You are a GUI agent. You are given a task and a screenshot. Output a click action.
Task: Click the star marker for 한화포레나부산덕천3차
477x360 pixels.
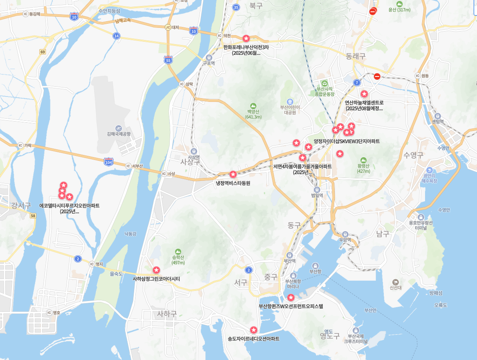pos(246,38)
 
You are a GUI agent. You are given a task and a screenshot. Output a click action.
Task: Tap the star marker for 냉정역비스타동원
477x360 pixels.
pos(233,174)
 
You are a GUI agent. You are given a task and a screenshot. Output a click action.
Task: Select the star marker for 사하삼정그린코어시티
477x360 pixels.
pos(156,270)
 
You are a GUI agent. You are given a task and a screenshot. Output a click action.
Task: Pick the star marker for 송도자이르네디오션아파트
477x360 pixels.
pos(254,330)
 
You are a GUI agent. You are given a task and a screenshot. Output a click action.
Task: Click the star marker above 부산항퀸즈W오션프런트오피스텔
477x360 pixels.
pos(290,297)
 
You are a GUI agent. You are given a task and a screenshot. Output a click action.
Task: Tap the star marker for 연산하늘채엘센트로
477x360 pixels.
pos(364,94)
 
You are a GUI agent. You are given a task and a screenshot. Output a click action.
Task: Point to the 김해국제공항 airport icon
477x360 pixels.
pos(119,128)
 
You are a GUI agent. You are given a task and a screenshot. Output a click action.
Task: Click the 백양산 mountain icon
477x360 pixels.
pos(253,106)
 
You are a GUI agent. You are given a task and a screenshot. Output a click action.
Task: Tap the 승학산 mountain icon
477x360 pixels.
pos(178,252)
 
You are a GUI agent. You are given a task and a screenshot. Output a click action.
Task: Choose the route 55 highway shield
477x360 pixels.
pos(168,60)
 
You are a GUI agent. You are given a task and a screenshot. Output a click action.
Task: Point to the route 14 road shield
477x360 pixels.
pos(117,36)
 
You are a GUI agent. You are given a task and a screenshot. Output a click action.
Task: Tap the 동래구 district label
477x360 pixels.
pos(355,56)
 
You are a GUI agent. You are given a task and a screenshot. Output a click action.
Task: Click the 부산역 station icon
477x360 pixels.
pos(290,255)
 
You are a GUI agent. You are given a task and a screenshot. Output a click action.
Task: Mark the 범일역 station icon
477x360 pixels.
pos(317,189)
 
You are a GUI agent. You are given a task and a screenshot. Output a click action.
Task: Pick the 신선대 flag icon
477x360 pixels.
pos(396,282)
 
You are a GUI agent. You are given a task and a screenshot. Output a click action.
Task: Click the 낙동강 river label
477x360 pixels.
pos(130,234)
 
